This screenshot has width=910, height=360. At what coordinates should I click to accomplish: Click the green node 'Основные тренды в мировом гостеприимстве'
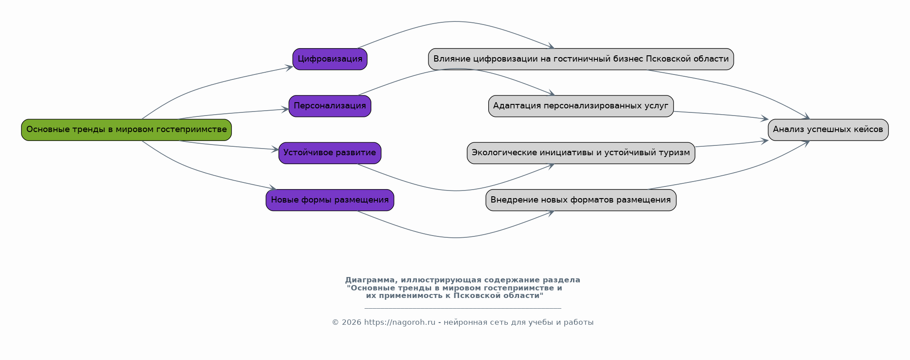[126, 130]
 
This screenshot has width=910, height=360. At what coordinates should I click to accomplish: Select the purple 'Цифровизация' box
[330, 59]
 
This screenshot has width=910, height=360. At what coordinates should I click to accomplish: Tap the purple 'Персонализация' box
[330, 106]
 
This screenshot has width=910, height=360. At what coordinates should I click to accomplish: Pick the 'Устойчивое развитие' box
[330, 153]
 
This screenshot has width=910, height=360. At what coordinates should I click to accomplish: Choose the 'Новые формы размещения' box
[330, 200]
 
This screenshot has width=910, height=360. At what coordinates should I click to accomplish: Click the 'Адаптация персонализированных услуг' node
[581, 106]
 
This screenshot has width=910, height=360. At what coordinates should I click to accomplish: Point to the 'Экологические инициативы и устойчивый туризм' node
[581, 153]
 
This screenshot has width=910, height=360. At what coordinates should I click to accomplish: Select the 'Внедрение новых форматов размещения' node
[581, 200]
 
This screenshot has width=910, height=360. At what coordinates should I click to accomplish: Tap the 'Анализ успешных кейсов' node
[828, 130]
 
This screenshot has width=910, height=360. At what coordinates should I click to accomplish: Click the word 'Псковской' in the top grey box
[665, 59]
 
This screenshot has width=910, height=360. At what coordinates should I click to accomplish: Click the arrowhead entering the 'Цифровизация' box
[290, 67]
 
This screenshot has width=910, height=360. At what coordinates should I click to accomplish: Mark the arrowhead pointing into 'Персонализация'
[286, 109]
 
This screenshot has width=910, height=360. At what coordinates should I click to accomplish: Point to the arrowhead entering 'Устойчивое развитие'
[275, 150]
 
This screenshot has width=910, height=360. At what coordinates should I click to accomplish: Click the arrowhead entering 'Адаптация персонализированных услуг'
[552, 93]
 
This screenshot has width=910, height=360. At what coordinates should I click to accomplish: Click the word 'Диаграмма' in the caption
[370, 280]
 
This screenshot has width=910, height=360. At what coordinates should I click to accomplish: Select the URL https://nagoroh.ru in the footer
[399, 323]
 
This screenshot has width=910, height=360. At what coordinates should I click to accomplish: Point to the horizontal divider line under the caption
[462, 308]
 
